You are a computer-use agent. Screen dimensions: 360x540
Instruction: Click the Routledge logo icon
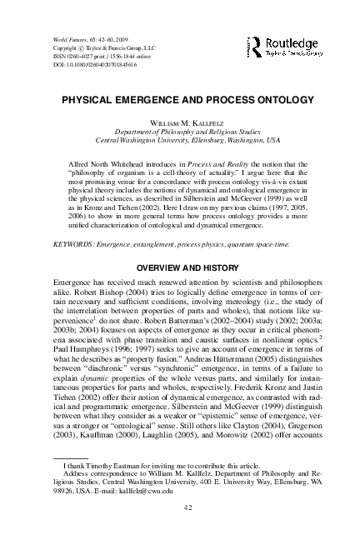[x=252, y=47]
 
